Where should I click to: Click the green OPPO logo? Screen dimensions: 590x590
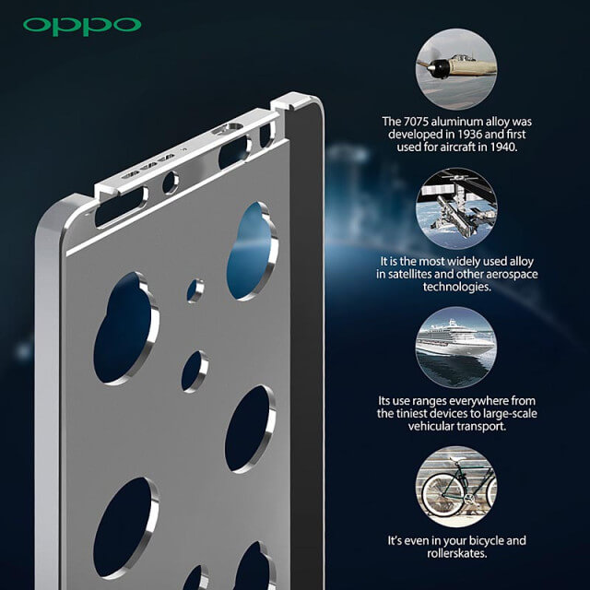[x=82, y=25]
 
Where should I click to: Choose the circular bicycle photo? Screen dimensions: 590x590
[x=456, y=484]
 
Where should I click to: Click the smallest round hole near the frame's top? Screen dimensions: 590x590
[x=195, y=289]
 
